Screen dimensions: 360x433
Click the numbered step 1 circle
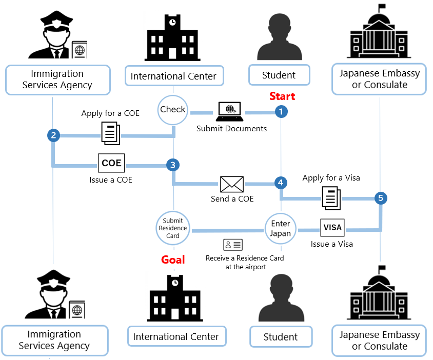281,111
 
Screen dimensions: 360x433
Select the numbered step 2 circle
53,135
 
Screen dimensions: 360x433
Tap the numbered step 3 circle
173,165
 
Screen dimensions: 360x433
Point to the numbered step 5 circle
380,197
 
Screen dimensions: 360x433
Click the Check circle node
173,110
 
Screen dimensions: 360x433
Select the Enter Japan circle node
281,229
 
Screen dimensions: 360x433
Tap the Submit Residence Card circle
173,229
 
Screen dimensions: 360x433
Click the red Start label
282,96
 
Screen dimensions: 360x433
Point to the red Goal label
173,259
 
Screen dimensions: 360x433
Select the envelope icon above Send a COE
232,184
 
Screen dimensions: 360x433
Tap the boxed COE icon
111,164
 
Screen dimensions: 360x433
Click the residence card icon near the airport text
232,244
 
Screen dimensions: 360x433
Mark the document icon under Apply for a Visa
331,197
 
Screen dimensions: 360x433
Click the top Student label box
279,75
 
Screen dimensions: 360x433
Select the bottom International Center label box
176,337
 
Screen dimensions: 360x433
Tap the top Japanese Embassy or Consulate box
379,79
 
